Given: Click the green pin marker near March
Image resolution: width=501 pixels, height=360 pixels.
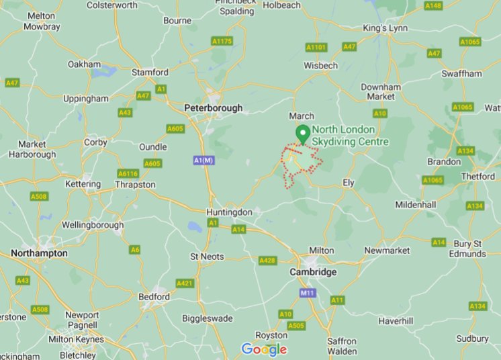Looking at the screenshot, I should point(303,134).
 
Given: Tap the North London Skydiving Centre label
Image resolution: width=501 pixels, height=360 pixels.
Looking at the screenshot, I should point(350,136).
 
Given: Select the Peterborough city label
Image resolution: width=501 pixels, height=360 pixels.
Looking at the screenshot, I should point(213,107).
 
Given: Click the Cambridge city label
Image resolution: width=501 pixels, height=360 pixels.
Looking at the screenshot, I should point(312,272).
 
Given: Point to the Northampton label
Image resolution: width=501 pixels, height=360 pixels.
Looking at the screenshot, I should point(39,253).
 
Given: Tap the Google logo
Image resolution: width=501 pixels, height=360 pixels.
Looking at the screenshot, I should point(264,349).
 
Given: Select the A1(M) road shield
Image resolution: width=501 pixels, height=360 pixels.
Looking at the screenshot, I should point(203,161).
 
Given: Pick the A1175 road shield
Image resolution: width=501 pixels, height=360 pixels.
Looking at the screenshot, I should point(222,41).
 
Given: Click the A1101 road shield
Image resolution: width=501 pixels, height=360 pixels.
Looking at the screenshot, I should point(316,47).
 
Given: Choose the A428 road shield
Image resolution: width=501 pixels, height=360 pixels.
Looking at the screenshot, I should point(268,260).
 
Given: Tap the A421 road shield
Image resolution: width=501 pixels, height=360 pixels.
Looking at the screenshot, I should point(185,283).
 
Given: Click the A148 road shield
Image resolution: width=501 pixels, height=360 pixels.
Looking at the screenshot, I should point(434,5).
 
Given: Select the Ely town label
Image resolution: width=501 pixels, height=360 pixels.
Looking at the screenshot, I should point(349,183).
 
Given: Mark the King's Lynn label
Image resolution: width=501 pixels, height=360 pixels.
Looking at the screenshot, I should point(385,28).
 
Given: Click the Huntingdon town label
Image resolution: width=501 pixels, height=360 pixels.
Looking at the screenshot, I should point(230,212).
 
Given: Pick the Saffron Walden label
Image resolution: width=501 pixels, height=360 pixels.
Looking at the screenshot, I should point(342,346).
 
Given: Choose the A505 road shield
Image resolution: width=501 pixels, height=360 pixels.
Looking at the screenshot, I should point(295,326).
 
